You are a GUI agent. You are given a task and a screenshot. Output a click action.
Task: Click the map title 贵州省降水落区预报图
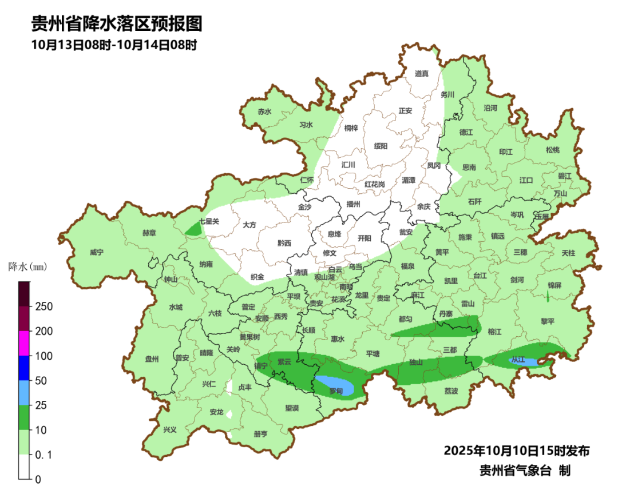[x=117, y=24]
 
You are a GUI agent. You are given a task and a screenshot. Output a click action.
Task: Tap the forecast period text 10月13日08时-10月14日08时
[x=114, y=45]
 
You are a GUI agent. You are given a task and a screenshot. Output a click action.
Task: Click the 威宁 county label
[x=97, y=252]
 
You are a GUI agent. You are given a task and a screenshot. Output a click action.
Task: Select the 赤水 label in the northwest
[x=264, y=112]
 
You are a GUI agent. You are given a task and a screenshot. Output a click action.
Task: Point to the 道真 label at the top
[x=422, y=74]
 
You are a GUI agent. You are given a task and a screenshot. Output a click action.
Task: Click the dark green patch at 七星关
[x=194, y=229]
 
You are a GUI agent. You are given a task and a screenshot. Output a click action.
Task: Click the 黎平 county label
[x=548, y=321]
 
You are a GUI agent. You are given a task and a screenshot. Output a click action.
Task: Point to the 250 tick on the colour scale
[x=44, y=306]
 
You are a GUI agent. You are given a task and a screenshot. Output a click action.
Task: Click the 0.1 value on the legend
[x=45, y=455]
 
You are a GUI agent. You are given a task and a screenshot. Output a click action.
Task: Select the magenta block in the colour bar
[x=24, y=343]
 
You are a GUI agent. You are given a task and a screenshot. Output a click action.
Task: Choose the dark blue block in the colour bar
[x=24, y=368]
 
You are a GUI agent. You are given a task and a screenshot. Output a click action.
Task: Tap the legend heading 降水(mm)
[x=27, y=267]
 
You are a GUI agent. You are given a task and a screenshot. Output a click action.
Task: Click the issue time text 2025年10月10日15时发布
[x=517, y=451]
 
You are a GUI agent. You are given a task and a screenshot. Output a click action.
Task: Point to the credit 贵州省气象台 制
[x=524, y=471]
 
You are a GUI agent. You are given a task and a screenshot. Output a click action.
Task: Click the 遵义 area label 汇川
[x=348, y=165]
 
